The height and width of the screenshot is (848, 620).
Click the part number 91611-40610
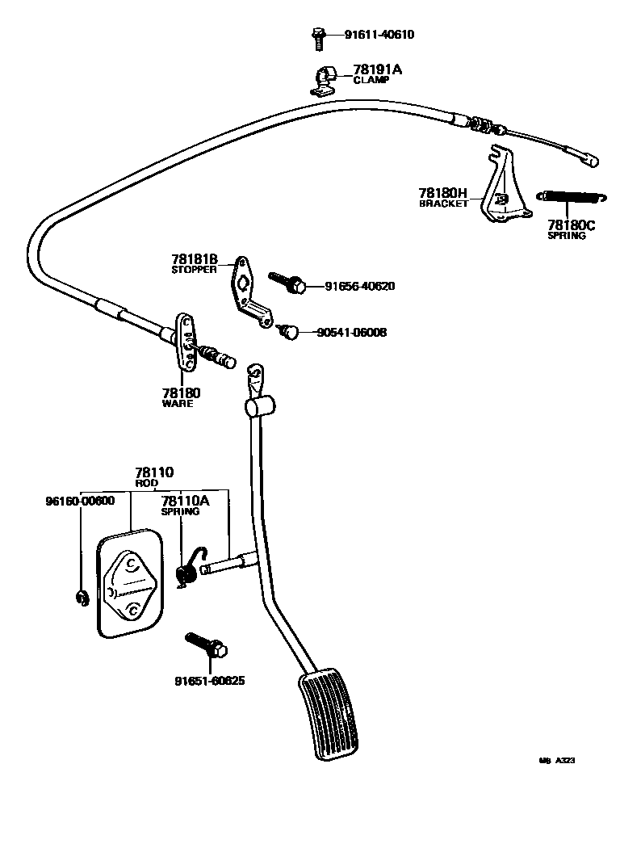tap(379, 36)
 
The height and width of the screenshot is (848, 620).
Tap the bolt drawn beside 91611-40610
tap(317, 36)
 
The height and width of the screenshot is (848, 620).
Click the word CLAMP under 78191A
tap(371, 81)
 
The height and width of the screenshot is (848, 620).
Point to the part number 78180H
tap(443, 193)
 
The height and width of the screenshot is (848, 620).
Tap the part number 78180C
tap(571, 225)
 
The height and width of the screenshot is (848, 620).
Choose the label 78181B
tap(195, 259)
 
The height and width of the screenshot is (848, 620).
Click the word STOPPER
tap(194, 270)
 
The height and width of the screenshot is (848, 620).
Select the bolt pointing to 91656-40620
tap(287, 283)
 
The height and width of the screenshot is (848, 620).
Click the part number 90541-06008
tap(351, 332)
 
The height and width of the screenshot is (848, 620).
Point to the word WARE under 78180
tap(178, 403)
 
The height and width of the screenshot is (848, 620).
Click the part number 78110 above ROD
tap(154, 472)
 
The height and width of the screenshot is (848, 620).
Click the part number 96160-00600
tap(80, 501)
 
